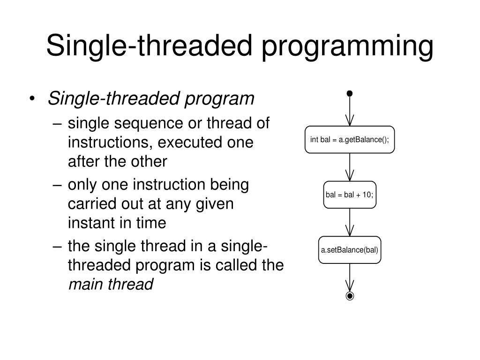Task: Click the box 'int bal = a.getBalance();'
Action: [350, 140]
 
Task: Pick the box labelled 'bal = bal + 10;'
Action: [350, 195]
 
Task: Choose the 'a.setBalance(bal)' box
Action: [350, 250]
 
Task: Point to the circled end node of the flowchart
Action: [350, 296]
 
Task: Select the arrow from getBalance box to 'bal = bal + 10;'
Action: [350, 167]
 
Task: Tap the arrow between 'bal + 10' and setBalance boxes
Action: [350, 222]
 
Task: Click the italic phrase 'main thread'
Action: [111, 284]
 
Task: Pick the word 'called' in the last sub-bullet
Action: [237, 265]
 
